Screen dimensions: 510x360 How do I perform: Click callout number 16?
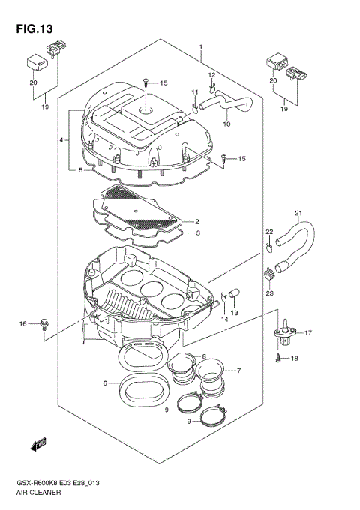(x=23, y=323)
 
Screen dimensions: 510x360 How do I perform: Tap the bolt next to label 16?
(x=46, y=323)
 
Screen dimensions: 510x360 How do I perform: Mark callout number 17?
(x=307, y=333)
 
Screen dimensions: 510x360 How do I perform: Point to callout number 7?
(x=239, y=370)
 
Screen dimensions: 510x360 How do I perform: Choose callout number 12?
(x=211, y=75)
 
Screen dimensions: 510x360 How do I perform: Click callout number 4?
(x=61, y=140)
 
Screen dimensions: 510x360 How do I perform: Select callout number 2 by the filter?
(x=197, y=222)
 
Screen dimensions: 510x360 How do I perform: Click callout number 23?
(x=270, y=295)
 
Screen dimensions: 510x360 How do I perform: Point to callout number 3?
(x=197, y=234)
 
